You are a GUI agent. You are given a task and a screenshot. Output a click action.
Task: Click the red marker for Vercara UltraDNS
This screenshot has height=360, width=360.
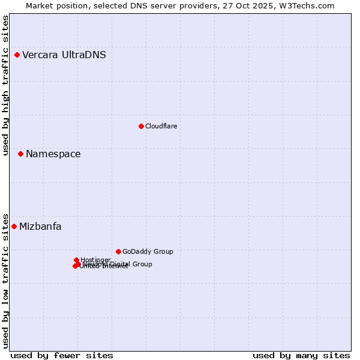pos(17,55)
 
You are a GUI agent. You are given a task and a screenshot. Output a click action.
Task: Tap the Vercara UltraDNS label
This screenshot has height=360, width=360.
pos(64,55)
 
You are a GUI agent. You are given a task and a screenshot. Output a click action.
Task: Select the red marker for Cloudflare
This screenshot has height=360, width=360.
pos(141,126)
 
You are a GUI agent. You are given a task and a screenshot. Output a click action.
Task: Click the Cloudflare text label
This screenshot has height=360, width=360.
pos(161,126)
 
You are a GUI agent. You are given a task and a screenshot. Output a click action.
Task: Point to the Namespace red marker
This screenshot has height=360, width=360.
pos(20,154)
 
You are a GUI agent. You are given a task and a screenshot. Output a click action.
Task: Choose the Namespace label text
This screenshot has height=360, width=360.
pos(53,154)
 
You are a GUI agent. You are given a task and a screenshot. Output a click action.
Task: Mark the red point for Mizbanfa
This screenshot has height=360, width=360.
pos(14,226)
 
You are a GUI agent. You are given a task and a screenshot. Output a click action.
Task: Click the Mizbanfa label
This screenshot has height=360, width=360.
pos(40,227)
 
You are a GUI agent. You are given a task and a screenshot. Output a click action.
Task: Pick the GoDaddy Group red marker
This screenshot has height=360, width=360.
pos(118,251)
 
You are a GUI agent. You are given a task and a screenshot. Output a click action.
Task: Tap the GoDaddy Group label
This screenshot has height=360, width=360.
pos(148,251)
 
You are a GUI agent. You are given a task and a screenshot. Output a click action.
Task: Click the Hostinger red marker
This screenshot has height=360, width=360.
pos(76,260)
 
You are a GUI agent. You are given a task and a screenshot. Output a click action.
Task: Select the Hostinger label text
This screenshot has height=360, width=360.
pos(96,260)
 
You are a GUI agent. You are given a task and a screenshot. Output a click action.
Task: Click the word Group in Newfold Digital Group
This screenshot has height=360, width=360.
pos(142,264)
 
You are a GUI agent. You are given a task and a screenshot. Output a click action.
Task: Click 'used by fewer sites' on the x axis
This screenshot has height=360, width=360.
pos(62,355)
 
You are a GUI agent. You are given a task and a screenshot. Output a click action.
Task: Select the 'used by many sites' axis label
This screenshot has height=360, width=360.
pos(301,355)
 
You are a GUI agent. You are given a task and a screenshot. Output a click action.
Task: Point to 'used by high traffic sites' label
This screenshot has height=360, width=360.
pos(6,86)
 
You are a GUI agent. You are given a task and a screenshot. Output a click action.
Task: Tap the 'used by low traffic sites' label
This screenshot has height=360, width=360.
pos(6,280)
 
